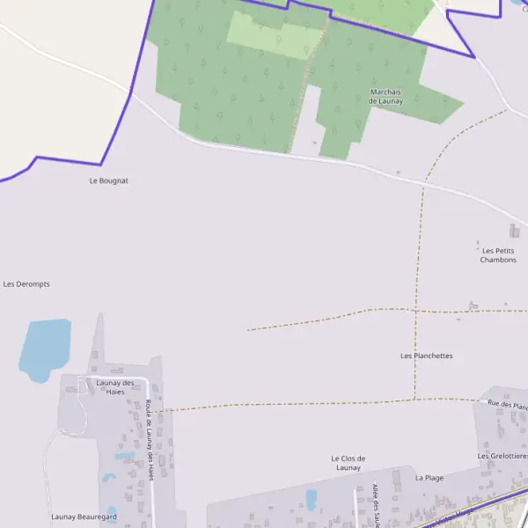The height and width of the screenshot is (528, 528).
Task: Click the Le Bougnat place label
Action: tap(109, 180)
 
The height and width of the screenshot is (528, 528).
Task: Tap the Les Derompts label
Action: tap(26, 284)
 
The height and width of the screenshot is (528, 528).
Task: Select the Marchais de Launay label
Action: tap(385, 96)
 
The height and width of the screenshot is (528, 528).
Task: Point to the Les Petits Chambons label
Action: tap(498, 255)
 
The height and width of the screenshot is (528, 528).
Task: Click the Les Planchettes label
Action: tap(426, 356)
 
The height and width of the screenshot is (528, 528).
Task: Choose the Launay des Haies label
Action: tap(115, 387)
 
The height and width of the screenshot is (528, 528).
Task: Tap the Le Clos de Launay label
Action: tap(348, 463)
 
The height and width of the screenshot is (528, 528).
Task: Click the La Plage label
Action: tap(429, 478)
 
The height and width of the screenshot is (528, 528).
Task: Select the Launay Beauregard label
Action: tap(84, 517)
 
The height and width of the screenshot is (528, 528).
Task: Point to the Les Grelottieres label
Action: tap(502, 456)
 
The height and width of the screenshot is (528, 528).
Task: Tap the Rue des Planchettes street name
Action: tap(508, 405)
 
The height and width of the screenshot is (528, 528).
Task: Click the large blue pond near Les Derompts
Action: tap(44, 348)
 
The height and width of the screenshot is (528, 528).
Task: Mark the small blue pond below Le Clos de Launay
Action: tap(311, 500)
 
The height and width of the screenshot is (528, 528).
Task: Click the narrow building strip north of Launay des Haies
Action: tap(99, 339)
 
